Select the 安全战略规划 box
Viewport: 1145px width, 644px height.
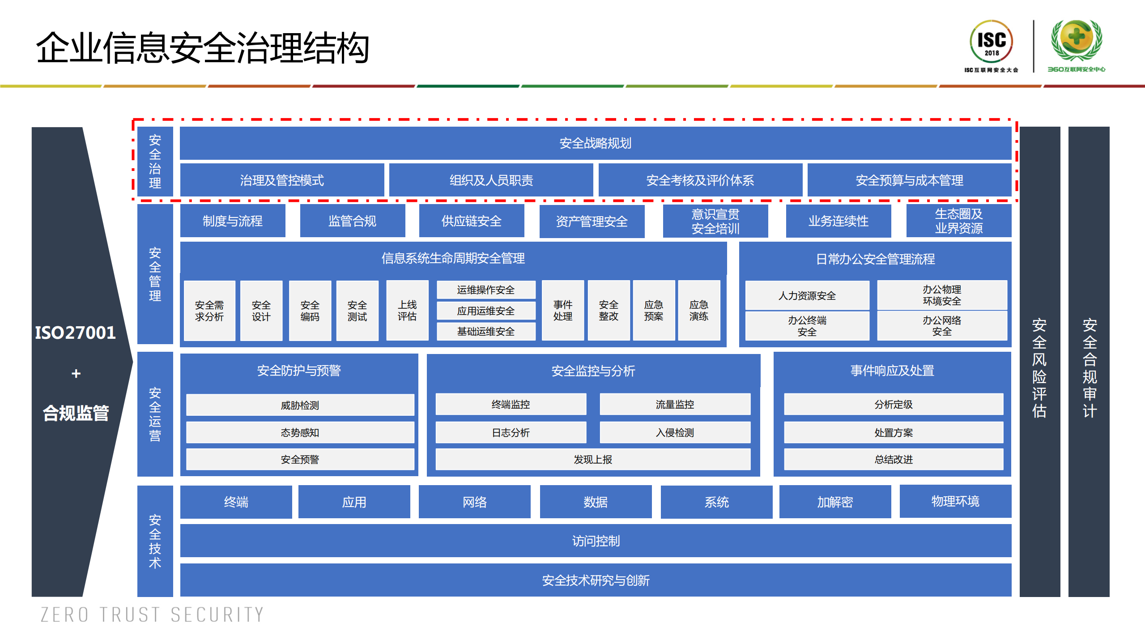[595, 143]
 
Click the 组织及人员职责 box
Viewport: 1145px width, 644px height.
[491, 180]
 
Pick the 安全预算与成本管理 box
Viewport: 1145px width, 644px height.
[909, 180]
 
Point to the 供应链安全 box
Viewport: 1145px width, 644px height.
[471, 221]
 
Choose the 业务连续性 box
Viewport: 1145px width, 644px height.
[838, 221]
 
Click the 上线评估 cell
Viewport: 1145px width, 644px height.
[407, 311]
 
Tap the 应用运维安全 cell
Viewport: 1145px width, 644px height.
[485, 311]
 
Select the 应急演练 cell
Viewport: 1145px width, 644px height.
[698, 311]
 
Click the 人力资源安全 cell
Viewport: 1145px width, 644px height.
[807, 295]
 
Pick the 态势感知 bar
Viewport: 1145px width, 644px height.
[300, 432]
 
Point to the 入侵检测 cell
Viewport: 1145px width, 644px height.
[675, 432]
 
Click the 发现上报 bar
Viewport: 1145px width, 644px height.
[593, 459]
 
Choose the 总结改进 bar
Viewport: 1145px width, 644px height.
[893, 459]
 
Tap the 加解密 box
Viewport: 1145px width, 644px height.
[834, 502]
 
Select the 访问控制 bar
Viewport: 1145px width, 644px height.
[595, 541]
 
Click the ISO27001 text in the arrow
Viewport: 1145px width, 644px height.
[75, 333]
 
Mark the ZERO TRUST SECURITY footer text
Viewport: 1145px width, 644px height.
[152, 614]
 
